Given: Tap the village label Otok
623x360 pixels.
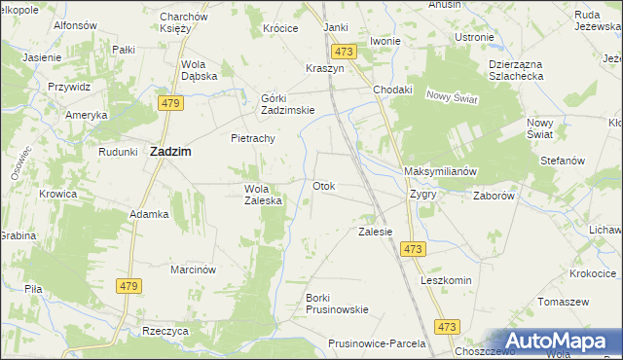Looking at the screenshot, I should click(324, 186).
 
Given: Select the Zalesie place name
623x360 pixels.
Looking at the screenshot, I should click(375, 232).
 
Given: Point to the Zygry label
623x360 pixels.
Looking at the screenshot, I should click(423, 194).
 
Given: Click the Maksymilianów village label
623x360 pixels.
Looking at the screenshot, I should click(439, 171).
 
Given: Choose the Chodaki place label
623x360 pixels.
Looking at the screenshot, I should click(393, 90).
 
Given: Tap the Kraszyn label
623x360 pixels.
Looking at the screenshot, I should click(325, 71).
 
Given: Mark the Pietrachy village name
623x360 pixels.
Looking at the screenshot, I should click(253, 138).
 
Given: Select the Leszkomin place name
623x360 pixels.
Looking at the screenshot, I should click(446, 280).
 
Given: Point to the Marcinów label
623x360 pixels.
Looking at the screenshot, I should click(193, 269).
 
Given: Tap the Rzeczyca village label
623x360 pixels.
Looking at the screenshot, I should click(165, 332).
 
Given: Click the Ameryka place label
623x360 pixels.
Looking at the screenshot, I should click(87, 115).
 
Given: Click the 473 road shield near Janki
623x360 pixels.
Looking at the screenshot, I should click(342, 51).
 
